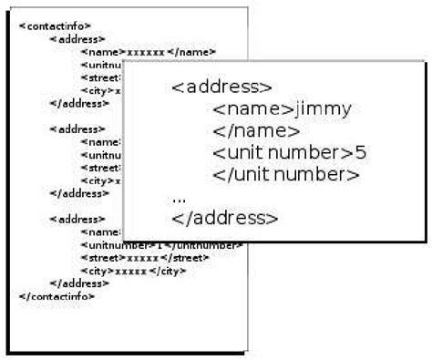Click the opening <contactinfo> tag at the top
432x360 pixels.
(x=56, y=26)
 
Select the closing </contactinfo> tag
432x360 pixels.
(x=57, y=296)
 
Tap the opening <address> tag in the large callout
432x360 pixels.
(x=221, y=87)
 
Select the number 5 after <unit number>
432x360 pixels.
(x=361, y=152)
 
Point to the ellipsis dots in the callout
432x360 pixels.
(x=179, y=196)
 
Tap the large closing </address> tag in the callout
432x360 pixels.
(x=224, y=218)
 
